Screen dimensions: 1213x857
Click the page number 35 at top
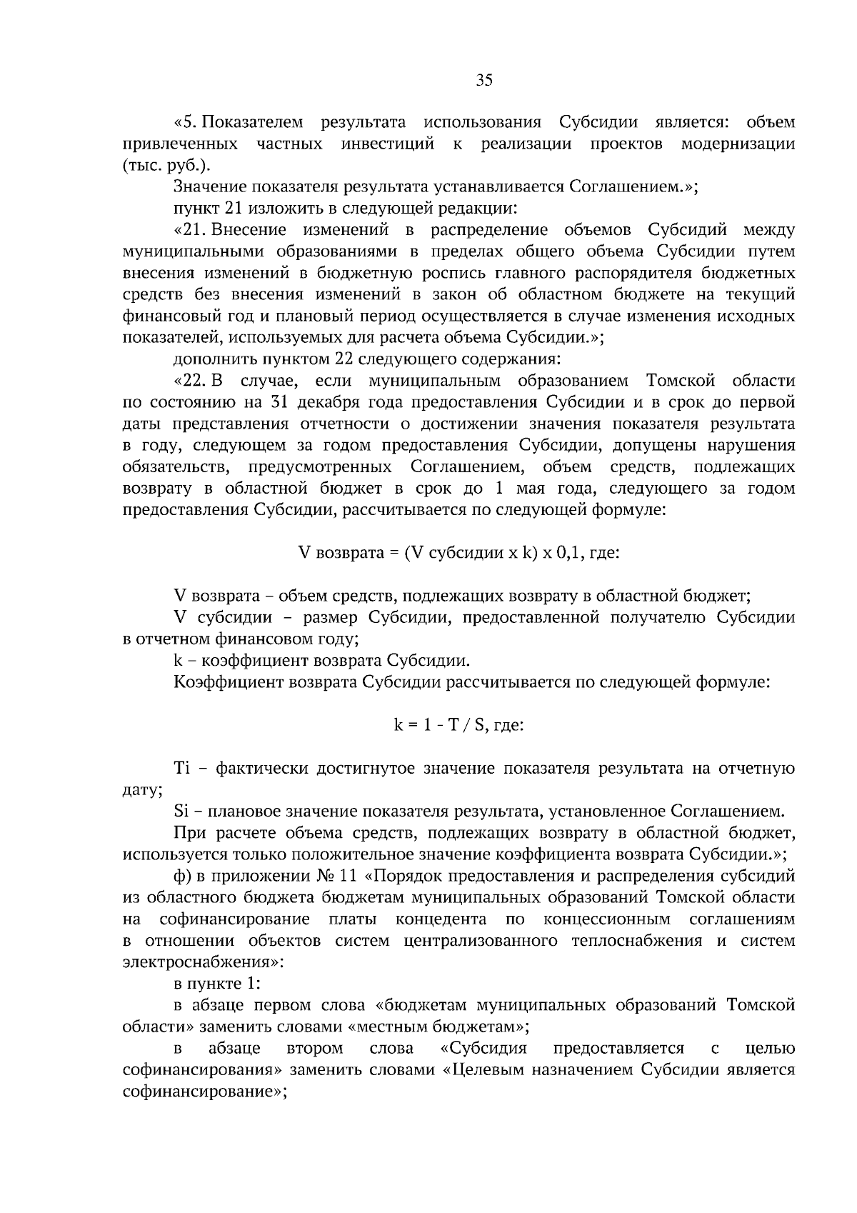click(484, 80)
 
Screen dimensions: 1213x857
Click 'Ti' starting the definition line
click(181, 769)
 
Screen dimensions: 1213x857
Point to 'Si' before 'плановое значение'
click(181, 812)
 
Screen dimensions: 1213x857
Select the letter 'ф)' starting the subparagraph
click(182, 877)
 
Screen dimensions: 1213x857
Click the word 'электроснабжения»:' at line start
click(203, 962)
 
